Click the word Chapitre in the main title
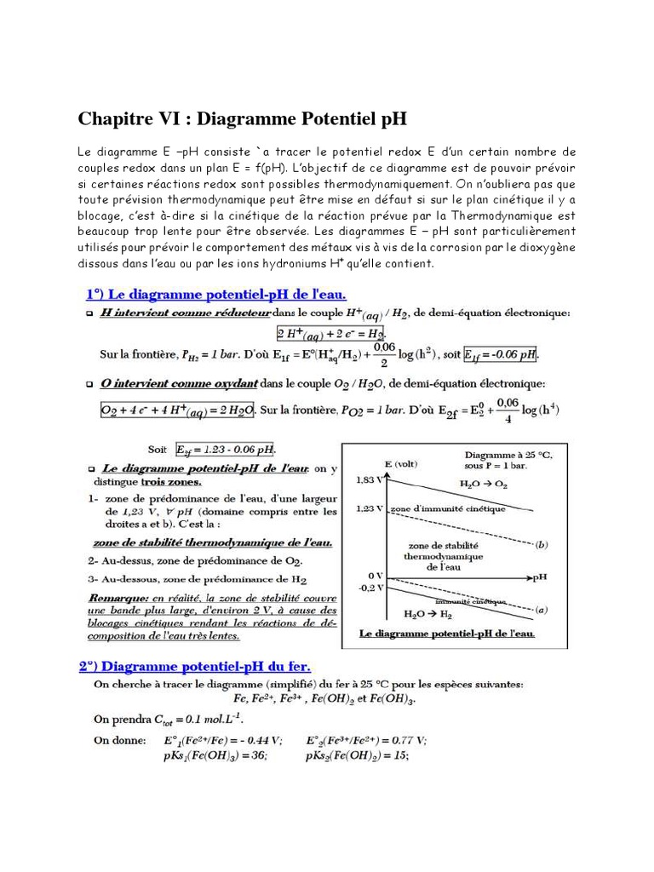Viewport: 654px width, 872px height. click(x=113, y=117)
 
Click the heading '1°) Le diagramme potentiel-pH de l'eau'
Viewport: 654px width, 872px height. click(x=215, y=295)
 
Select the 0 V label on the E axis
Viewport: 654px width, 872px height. click(x=370, y=577)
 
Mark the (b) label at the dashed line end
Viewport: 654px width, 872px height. click(x=542, y=544)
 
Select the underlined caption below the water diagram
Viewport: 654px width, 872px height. click(x=447, y=634)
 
